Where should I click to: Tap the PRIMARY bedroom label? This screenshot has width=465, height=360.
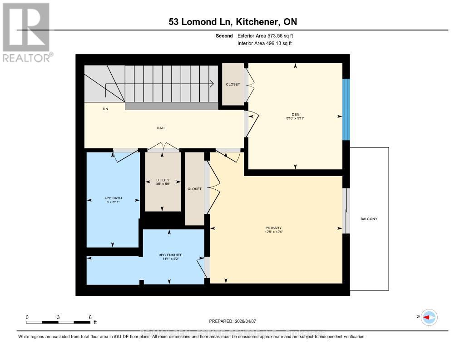point(274,228)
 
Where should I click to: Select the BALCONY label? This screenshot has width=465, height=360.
point(369,219)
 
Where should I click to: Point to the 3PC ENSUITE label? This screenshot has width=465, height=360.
point(171,254)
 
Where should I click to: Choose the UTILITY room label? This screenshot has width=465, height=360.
point(163,180)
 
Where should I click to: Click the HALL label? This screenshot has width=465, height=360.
point(161,128)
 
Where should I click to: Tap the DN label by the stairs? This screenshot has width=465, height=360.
point(105,109)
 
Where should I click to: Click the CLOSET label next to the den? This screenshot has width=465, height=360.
point(233,84)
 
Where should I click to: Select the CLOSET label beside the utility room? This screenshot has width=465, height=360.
point(194,189)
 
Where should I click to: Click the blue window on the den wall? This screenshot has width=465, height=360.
point(346,110)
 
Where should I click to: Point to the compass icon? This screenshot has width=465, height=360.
point(429,317)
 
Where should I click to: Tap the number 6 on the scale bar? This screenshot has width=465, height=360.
point(90,317)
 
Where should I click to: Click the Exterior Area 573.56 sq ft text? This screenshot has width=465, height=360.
point(268,35)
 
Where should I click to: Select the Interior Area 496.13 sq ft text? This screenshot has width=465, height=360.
point(265,44)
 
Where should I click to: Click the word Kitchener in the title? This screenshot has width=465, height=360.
point(255,22)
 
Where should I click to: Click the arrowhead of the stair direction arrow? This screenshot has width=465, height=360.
point(212,84)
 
